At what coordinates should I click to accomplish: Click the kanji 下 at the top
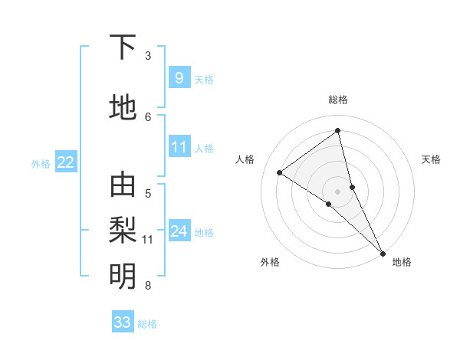coord(123,47)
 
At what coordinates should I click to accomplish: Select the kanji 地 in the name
coord(123,108)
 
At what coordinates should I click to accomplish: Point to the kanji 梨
coord(123,229)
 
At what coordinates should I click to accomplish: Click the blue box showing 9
coord(179,77)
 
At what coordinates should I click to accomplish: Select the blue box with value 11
coord(179,147)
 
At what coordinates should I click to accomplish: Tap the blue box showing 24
coord(179,231)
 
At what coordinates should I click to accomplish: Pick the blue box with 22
coord(66,162)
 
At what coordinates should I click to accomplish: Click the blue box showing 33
coord(123,322)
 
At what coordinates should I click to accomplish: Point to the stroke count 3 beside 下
coord(148,56)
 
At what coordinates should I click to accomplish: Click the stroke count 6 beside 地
coord(148,116)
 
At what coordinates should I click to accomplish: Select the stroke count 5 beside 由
coord(148,193)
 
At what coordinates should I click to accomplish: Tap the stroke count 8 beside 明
coord(148,286)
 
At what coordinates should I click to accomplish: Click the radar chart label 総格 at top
coord(338,100)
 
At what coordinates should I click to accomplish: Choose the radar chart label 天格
coord(432,159)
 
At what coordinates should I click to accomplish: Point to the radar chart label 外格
coord(270,262)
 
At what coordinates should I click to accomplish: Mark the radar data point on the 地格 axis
coord(383,251)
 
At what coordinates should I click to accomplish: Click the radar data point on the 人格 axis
coord(280,172)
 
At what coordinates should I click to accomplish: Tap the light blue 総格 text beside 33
coord(147,324)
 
